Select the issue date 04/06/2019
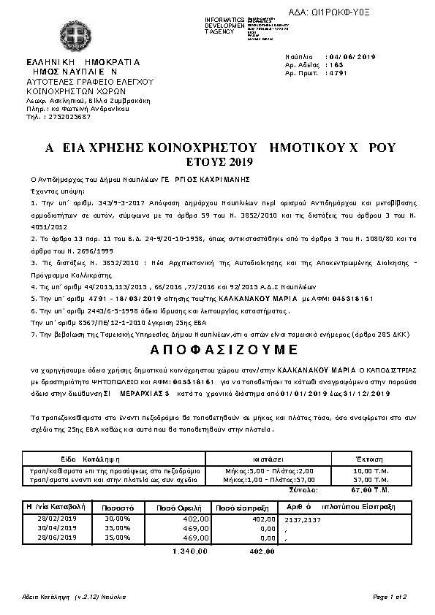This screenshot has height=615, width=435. click(353, 56)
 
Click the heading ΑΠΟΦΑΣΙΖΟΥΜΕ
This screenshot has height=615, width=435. click(217, 345)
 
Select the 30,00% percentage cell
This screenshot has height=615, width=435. click(117, 518)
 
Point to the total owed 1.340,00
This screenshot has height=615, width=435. click(189, 551)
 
